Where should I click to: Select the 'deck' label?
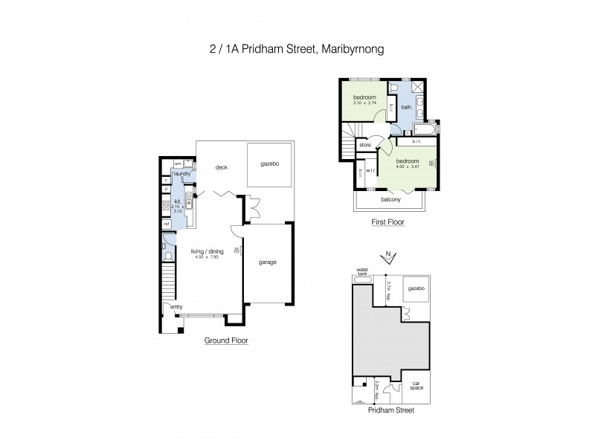tap(221, 167)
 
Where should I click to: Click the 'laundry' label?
tap(182, 174)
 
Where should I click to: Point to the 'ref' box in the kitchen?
tap(167, 223)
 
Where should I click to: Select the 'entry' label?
tap(176, 306)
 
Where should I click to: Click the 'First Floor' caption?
tap(387, 222)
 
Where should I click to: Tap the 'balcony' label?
tap(391, 199)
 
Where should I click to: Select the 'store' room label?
tap(365, 145)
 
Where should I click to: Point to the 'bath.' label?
tap(406, 108)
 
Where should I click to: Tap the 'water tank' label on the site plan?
tap(363, 271)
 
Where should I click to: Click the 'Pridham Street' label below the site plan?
tap(390, 410)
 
